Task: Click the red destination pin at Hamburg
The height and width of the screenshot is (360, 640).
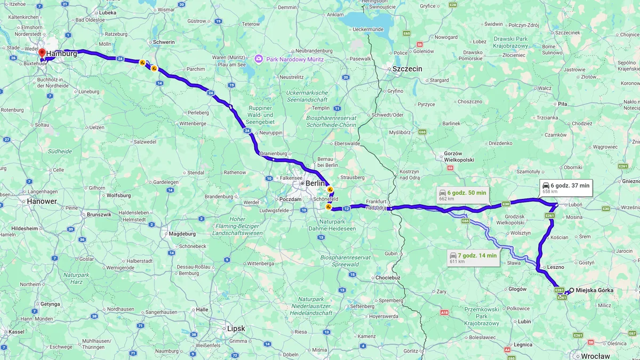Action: pos(42,53)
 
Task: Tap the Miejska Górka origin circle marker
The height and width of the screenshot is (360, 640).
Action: pos(571,290)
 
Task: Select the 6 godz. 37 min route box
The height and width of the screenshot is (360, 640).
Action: pos(566,188)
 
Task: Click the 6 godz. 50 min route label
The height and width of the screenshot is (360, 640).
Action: pos(462,195)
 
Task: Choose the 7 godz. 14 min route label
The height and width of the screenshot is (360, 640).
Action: pos(473,258)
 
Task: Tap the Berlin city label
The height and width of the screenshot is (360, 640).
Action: pos(315,183)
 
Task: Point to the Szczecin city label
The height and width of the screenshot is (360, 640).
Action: pos(407,69)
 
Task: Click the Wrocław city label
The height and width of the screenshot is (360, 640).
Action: pos(595,356)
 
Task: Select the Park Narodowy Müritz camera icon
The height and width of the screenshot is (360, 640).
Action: pos(259,59)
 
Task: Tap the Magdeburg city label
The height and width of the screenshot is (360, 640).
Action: pos(182,234)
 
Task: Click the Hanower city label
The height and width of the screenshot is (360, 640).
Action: pos(42,202)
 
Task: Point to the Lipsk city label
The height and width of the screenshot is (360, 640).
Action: pos(236,328)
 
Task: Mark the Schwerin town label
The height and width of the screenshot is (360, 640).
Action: pos(164,42)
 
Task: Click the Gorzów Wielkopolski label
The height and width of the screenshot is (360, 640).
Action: pos(460,156)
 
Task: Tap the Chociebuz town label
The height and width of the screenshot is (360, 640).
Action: pos(388,277)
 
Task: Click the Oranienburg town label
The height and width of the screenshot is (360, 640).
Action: pos(274,154)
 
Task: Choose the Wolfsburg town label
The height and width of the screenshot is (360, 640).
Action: pos(118,195)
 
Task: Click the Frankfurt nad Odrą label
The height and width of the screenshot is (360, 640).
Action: pos(375,204)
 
